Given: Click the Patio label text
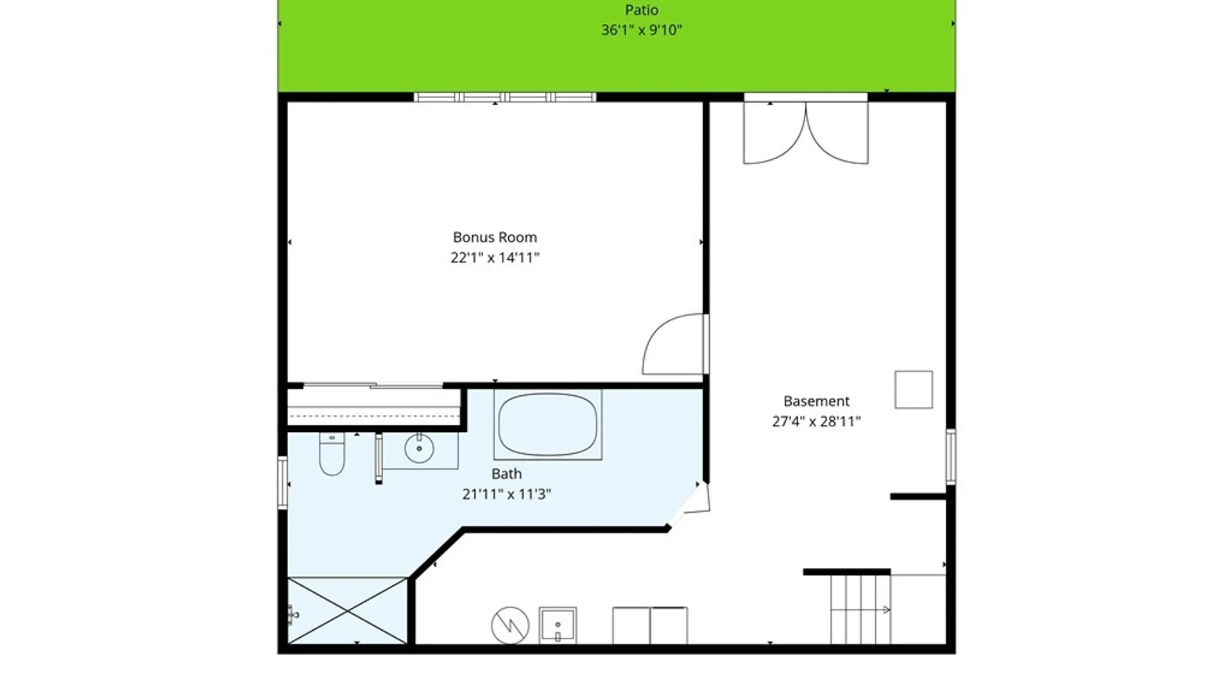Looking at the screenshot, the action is pyautogui.click(x=642, y=10).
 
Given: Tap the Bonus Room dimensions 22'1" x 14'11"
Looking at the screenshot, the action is pyautogui.click(x=495, y=258).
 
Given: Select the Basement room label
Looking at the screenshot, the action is pyautogui.click(x=816, y=401).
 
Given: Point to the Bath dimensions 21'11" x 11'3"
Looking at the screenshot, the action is pyautogui.click(x=506, y=494).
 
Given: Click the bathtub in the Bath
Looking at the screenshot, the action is pyautogui.click(x=547, y=424).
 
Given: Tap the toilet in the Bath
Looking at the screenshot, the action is pyautogui.click(x=332, y=454).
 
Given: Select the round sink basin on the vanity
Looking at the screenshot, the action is pyautogui.click(x=419, y=448).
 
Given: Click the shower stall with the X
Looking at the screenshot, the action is pyautogui.click(x=347, y=610).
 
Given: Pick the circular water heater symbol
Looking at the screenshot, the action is pyautogui.click(x=510, y=625).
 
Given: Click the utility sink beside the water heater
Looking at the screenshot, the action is pyautogui.click(x=558, y=625).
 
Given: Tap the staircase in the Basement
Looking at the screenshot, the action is pyautogui.click(x=860, y=609).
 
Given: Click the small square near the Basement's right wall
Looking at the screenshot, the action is pyautogui.click(x=914, y=389).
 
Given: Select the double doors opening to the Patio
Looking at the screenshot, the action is pyautogui.click(x=806, y=132).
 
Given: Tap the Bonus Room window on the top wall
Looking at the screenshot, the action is pyautogui.click(x=505, y=98).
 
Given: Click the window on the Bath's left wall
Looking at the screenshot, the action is pyautogui.click(x=282, y=483).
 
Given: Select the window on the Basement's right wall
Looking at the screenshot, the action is pyautogui.click(x=951, y=456).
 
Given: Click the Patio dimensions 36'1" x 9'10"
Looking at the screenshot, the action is pyautogui.click(x=642, y=30).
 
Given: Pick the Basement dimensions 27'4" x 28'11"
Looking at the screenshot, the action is pyautogui.click(x=816, y=422).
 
